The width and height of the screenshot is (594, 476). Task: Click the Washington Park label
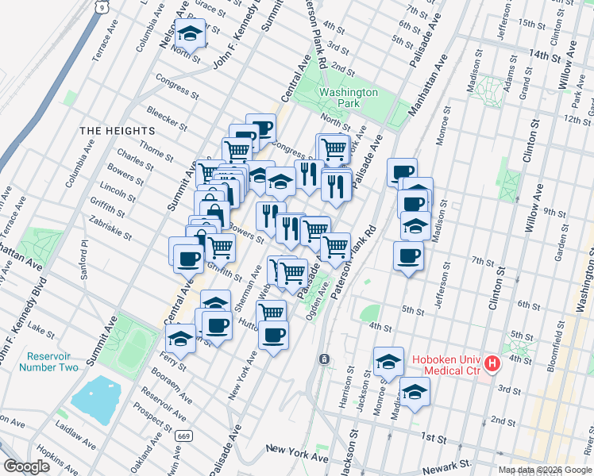[349, 98]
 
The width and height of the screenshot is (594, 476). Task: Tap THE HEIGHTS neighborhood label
[116, 130]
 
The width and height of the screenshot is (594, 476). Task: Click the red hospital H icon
[492, 364]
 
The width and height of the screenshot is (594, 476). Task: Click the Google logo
[26, 466]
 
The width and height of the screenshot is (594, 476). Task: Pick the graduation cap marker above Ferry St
[181, 339]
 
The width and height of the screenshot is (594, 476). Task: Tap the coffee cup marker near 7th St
[408, 255]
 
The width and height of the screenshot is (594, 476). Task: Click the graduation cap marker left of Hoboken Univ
[388, 362]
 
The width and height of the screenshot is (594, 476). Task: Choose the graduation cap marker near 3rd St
[414, 393]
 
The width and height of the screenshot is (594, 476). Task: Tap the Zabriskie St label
[111, 222]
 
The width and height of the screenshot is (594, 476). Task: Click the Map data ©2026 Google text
[545, 470]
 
